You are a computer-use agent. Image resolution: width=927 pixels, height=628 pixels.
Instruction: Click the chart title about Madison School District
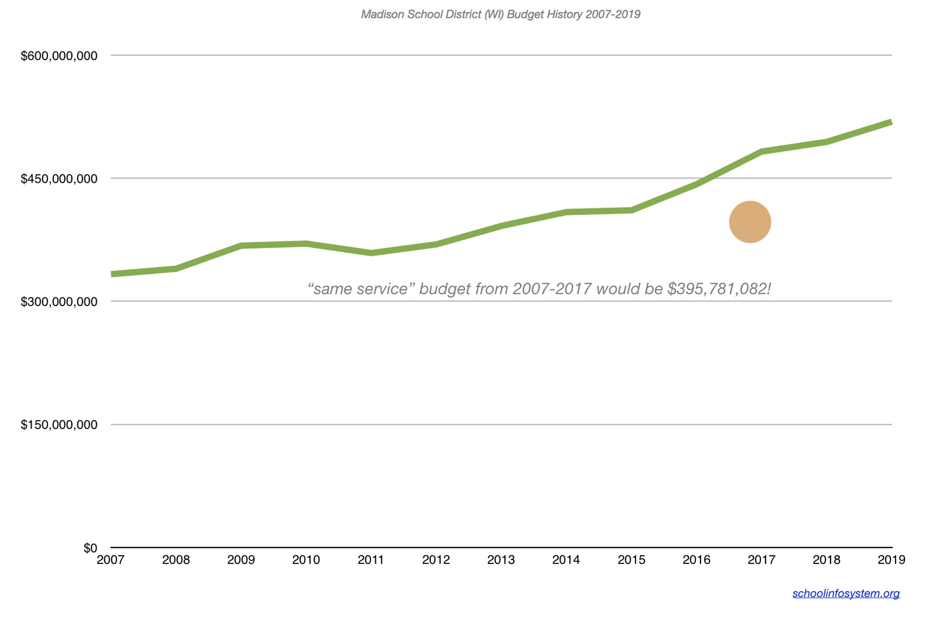pos(500,14)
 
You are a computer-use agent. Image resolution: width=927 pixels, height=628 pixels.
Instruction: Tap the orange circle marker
pos(750,222)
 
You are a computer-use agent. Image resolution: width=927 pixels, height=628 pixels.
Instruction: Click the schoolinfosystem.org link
pos(846,593)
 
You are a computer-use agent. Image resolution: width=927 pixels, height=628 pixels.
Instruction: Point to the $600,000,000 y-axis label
pos(59,56)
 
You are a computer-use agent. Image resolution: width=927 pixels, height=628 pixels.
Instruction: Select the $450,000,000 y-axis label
pos(59,179)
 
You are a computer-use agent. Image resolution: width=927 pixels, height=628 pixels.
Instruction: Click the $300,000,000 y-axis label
pos(59,302)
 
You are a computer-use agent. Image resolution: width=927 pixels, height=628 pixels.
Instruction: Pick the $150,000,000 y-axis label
pos(59,425)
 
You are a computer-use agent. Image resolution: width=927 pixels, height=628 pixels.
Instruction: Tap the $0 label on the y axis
pos(90,548)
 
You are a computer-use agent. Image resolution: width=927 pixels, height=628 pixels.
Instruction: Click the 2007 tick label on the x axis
pos(110,560)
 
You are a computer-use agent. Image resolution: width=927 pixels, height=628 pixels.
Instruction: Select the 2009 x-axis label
pos(241,560)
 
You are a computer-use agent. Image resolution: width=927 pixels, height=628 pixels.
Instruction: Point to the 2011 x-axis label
pos(371,560)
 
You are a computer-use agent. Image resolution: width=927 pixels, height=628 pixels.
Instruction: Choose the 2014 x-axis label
pos(566,560)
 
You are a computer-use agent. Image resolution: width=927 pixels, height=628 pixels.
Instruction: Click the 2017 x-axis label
pos(761,560)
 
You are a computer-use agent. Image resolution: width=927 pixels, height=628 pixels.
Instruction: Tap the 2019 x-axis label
pos(891,560)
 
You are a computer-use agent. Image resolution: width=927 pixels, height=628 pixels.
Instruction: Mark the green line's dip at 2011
pos(372,253)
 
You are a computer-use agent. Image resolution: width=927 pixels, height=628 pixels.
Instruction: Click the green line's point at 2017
pos(761,151)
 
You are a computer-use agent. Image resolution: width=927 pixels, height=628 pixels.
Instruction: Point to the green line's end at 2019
pos(890,122)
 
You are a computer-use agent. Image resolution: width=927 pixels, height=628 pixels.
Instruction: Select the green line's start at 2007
pos(113,274)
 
